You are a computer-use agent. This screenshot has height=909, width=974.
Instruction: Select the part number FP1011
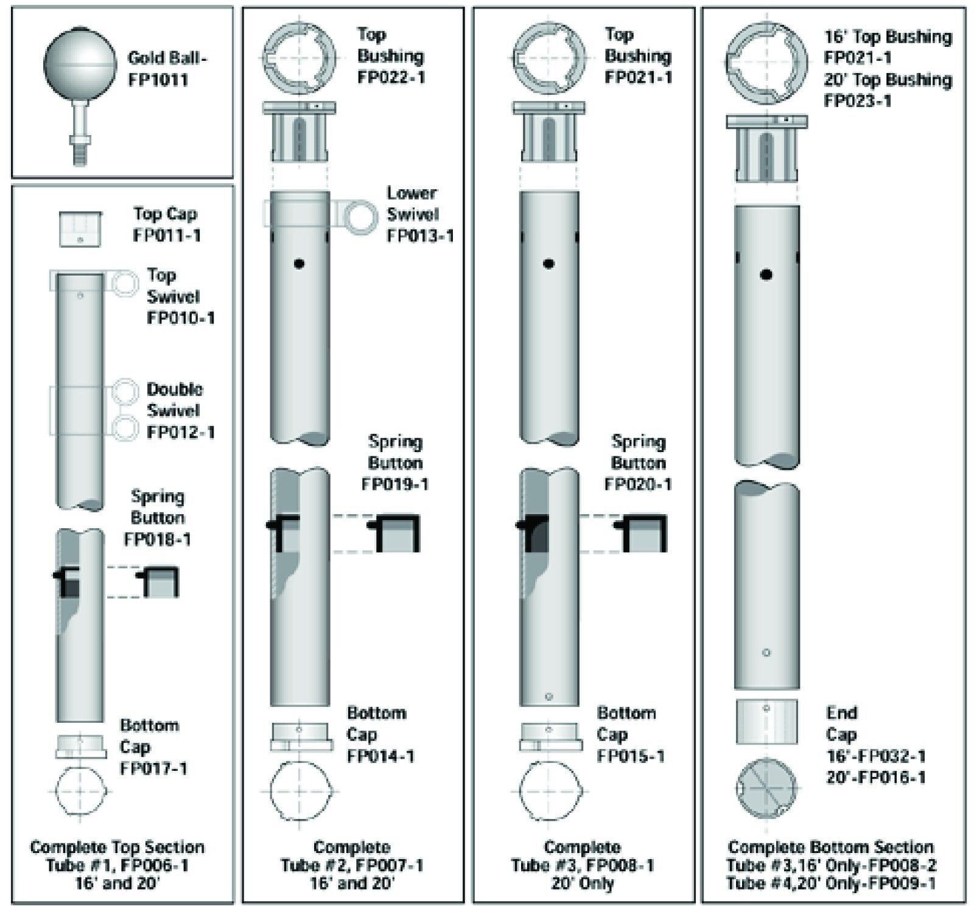[158, 80]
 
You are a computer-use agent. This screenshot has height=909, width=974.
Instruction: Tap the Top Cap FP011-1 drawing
[80, 229]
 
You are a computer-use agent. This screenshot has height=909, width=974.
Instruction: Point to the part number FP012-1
[181, 432]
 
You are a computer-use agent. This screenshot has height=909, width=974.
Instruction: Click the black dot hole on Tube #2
[298, 263]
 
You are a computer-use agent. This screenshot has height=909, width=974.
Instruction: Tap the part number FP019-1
[395, 484]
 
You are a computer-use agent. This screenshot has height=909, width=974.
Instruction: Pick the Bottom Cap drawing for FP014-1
[301, 737]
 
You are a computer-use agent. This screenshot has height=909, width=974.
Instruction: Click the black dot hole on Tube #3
[548, 263]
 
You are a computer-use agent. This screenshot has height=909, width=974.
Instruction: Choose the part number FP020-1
[638, 484]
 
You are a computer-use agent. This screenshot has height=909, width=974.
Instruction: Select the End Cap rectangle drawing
[766, 722]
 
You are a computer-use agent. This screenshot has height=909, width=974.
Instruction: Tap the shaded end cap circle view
[766, 789]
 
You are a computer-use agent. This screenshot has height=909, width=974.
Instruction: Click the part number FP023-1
[857, 101]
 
